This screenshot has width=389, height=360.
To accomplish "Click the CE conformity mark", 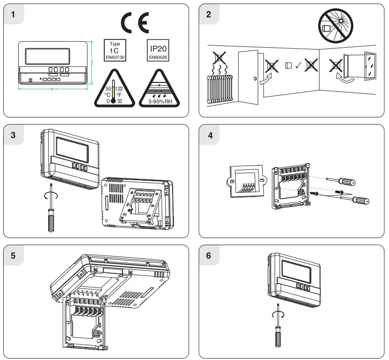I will coord(135,22).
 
